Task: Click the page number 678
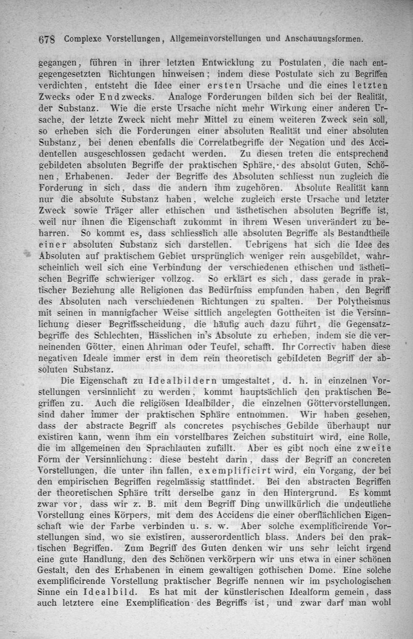pyautogui.click(x=48, y=38)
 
